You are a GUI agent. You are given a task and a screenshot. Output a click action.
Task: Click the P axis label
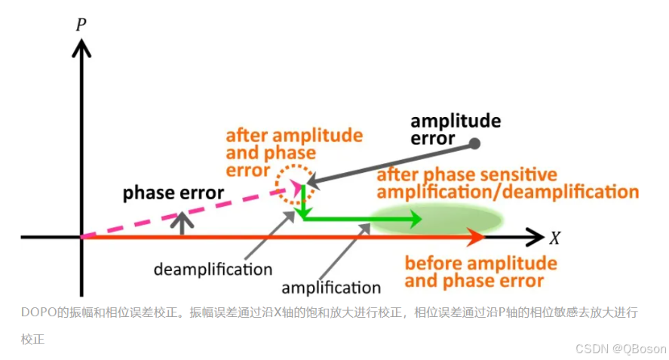(x=81, y=24)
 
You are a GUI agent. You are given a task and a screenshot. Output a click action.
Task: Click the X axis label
(x=555, y=238)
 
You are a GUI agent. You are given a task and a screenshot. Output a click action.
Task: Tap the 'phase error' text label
(x=173, y=192)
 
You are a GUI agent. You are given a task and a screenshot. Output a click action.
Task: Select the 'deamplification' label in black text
(x=213, y=269)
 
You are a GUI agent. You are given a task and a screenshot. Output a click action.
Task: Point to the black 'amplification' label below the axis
(x=331, y=288)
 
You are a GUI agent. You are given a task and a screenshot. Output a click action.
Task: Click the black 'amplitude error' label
(x=455, y=129)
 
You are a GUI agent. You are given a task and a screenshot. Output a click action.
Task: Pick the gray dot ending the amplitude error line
(x=474, y=143)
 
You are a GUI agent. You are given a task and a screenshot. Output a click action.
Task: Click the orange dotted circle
(x=290, y=183)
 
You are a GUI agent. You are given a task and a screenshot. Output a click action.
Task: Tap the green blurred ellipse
(x=437, y=219)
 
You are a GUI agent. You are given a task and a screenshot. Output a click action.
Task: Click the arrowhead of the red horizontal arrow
(x=476, y=237)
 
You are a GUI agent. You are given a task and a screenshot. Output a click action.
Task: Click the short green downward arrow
(x=302, y=201)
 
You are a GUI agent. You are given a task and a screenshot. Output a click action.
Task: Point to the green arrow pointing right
(x=362, y=219)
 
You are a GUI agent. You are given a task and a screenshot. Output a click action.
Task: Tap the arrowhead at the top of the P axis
(x=81, y=47)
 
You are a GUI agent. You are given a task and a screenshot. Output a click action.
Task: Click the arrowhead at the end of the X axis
(x=535, y=237)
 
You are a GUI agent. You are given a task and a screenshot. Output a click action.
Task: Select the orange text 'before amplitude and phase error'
(x=480, y=272)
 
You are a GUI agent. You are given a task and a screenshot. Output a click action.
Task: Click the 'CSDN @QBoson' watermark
(x=621, y=348)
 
